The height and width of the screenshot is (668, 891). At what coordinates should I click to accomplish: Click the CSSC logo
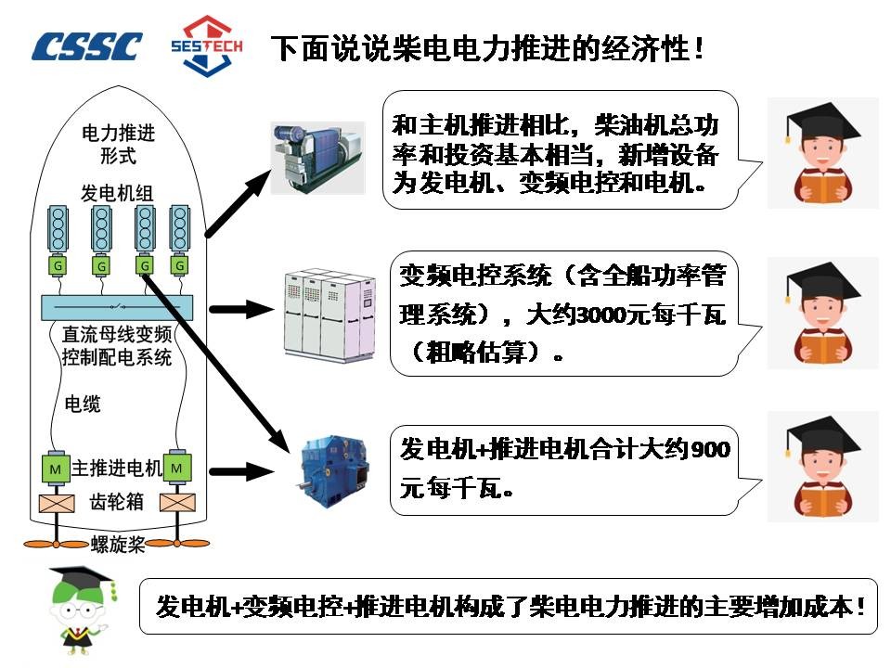87,46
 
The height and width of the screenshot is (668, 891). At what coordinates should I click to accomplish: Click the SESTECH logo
207,46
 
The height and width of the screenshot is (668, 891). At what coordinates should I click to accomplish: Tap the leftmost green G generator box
58,265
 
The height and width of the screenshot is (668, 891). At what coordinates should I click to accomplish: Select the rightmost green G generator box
179,264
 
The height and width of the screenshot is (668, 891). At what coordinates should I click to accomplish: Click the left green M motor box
56,469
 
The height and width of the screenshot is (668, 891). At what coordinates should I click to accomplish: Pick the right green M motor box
176,468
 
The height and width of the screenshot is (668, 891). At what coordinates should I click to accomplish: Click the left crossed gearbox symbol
57,503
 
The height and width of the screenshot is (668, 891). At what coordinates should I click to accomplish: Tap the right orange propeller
178,543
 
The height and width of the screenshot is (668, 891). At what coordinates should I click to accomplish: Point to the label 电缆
83,404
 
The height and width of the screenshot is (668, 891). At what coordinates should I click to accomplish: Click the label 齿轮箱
117,502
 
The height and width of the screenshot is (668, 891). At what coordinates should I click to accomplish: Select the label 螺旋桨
118,545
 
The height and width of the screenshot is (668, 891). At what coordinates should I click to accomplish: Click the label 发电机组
117,193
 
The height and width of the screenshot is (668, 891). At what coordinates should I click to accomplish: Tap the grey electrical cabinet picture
329,315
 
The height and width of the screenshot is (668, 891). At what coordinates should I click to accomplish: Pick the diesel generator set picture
317,158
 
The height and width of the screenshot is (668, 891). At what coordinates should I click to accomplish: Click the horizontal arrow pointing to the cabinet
242,309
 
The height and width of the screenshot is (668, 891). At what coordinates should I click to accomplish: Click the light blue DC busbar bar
117,307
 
